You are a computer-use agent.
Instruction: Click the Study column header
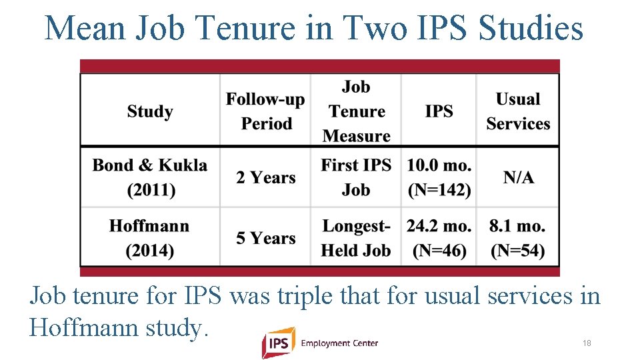[150, 111]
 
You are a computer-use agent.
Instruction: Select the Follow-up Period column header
[265, 111]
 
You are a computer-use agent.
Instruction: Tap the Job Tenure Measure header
[356, 111]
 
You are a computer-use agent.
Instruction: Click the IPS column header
[439, 111]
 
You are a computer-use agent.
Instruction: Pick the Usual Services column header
[517, 111]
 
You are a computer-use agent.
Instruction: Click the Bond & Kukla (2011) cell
[150, 177]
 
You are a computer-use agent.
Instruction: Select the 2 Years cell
[265, 177]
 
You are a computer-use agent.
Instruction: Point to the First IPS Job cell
[356, 177]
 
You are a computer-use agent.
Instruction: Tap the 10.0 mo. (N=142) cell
[439, 177]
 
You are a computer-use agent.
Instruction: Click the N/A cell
[518, 177]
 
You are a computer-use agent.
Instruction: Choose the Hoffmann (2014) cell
[150, 238]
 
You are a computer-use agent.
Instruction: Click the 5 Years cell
[265, 238]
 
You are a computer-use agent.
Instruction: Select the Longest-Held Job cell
[356, 238]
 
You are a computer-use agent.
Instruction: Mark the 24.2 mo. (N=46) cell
[439, 238]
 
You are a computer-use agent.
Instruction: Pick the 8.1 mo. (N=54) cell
[517, 238]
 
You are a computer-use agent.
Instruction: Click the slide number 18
[587, 343]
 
